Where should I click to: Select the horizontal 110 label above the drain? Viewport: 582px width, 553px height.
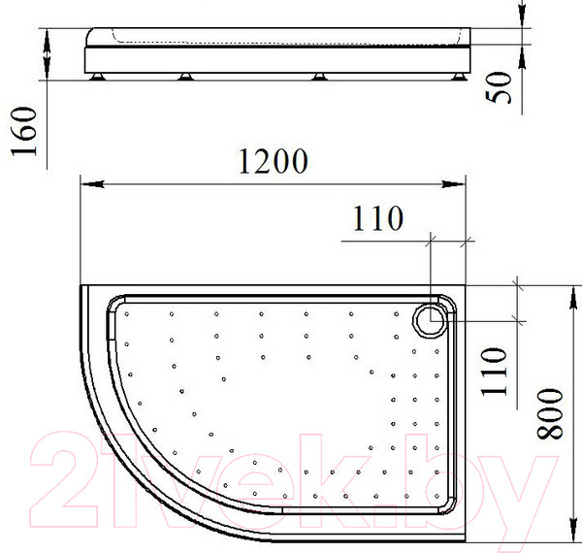click(x=377, y=218)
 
